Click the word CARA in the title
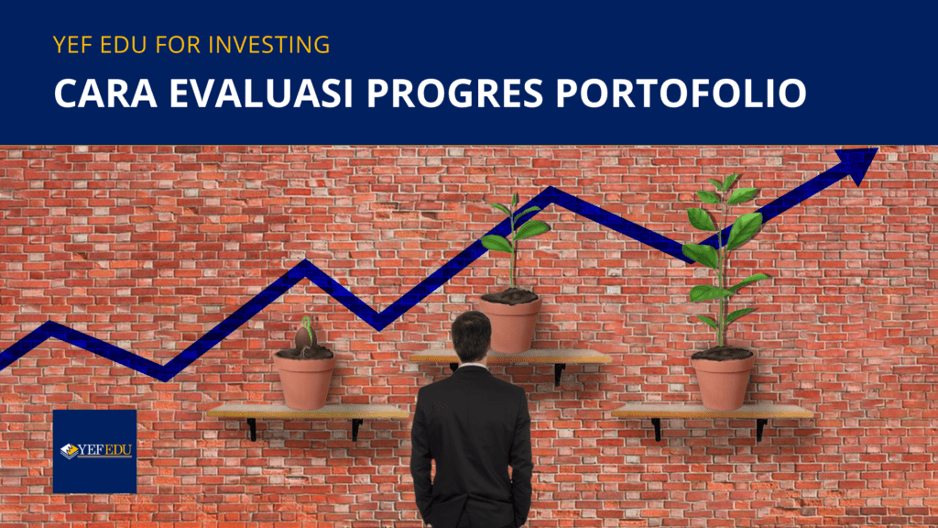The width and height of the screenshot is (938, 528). click(106, 93)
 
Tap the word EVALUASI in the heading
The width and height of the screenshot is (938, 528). click(261, 93)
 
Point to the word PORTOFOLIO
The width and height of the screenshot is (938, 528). click(682, 93)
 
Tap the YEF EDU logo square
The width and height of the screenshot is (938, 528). click(94, 451)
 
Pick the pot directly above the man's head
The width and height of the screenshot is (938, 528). click(510, 322)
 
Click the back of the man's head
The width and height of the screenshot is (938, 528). click(472, 336)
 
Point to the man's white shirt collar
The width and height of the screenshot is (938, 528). click(473, 365)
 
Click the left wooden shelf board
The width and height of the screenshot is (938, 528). click(307, 412)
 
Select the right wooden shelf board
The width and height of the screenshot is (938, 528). click(712, 412)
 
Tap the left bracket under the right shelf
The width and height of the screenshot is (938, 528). click(656, 429)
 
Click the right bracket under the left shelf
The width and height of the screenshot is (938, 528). click(356, 429)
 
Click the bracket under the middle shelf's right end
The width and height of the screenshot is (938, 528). click(560, 374)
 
